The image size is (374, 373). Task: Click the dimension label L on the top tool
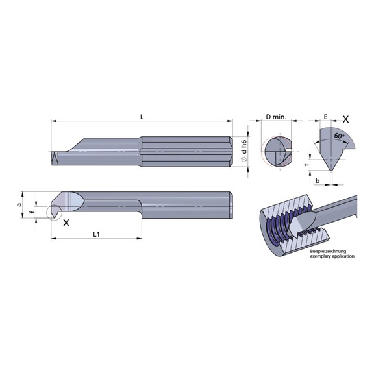pos(142,116)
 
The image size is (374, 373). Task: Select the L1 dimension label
pos(96,234)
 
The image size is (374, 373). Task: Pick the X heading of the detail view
pos(345,119)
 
